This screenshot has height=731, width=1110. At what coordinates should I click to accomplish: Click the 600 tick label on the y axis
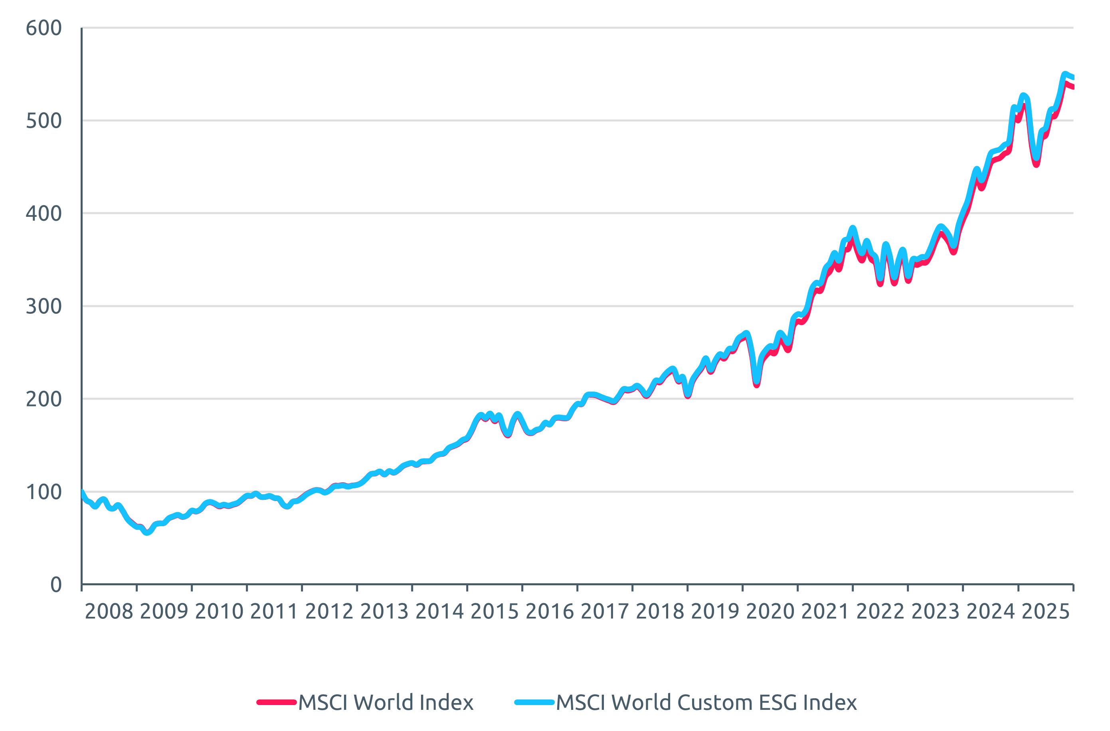coord(44,28)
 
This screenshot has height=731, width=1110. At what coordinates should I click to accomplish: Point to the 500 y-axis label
coord(44,121)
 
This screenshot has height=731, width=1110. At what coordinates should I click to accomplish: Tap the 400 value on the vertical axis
coord(44,214)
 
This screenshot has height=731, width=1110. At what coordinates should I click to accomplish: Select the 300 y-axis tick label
coord(44,307)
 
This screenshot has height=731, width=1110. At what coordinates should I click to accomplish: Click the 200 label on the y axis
coord(44,400)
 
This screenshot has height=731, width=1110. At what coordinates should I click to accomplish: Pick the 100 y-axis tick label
coord(44,492)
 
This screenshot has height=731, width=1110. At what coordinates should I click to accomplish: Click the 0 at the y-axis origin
coord(55,585)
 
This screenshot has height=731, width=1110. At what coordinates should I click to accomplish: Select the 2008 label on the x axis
coord(109,612)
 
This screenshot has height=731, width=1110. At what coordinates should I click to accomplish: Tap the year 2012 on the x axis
coord(329,612)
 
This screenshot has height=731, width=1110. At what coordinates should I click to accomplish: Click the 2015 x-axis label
coord(495,612)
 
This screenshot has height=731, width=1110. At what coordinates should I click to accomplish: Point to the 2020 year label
coord(770,612)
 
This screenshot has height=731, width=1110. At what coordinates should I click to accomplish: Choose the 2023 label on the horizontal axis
coord(935,612)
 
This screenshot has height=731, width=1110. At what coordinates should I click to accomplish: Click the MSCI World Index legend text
coord(386,703)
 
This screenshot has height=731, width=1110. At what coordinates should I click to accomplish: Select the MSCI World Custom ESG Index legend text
coord(706,703)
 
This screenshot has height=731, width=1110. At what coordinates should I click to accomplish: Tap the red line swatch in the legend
coord(277,702)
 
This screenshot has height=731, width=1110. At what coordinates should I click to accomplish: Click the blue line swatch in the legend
coord(534,702)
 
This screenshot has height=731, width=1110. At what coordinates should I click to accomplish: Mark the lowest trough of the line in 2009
coord(147,532)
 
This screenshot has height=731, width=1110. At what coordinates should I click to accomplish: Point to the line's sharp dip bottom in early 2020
coord(756,383)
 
